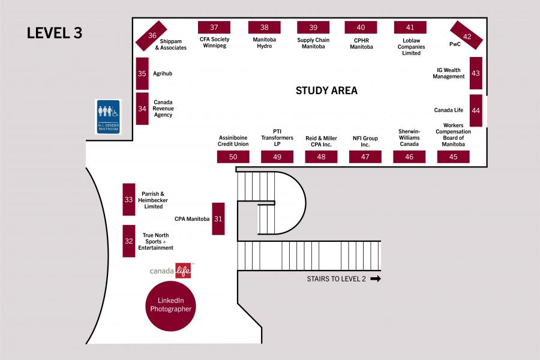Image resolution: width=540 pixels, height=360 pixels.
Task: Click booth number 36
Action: click(151, 36)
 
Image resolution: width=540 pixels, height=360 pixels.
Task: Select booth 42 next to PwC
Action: click(467, 36)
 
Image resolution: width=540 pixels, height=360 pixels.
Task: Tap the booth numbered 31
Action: click(218, 218)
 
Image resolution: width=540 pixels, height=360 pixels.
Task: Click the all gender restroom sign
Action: click(109, 116)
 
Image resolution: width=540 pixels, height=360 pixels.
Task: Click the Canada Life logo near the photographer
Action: click(171, 271)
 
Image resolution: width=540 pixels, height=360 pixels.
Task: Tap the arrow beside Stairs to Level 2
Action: click(376, 278)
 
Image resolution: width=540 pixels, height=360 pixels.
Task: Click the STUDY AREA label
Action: click(326, 91)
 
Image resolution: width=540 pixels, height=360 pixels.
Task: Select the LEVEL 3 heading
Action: click(54, 33)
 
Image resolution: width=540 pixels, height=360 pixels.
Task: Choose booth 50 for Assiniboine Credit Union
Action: click(233, 157)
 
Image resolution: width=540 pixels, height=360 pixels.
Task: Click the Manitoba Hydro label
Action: click(265, 43)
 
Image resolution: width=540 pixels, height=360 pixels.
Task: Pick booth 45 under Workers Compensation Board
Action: click(453, 157)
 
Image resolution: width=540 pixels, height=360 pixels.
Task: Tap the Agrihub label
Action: click(163, 73)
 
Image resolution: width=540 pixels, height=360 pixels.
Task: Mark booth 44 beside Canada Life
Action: click(476, 110)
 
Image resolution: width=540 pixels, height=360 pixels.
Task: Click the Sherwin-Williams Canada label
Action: click(409, 137)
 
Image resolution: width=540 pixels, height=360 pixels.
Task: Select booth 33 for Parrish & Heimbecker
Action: click(128, 199)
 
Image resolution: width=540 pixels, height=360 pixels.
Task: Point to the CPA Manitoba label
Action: click(192, 219)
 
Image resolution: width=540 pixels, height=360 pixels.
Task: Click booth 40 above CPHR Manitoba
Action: click(361, 28)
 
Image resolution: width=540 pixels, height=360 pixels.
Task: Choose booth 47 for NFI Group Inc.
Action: click(365, 157)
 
